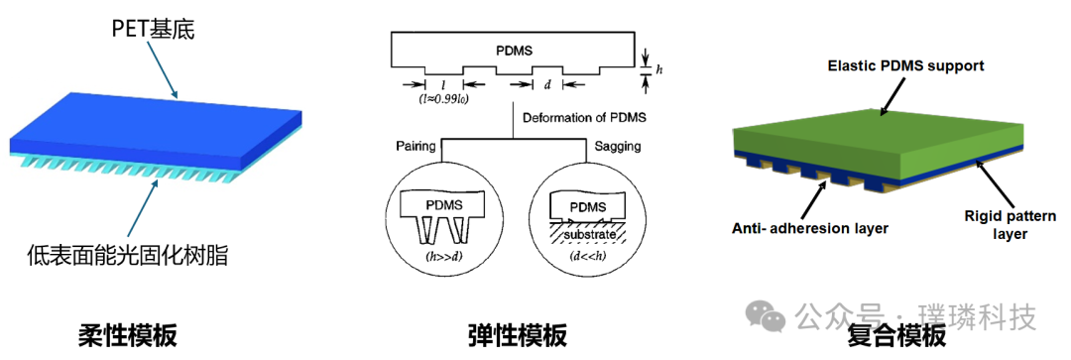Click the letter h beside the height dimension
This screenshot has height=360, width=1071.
(659, 69)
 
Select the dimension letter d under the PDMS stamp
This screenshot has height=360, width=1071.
(546, 84)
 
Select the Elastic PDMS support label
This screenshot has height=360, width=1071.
(905, 66)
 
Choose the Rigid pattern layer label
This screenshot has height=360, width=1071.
(1010, 225)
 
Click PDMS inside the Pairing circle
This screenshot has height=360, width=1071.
(441, 205)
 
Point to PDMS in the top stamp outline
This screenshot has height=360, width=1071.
(517, 51)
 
